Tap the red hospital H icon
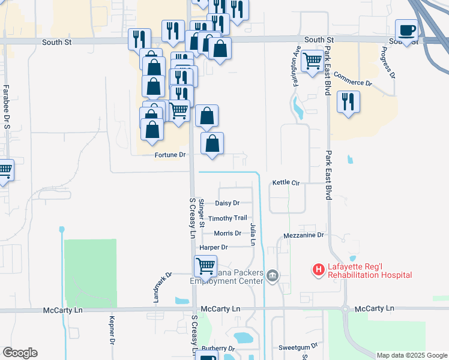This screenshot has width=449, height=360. (x=318, y=271)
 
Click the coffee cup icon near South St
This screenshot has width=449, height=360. (x=406, y=30)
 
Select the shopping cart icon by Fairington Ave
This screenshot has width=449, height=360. (x=312, y=61)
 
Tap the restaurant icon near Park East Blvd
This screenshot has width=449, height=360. (x=348, y=102)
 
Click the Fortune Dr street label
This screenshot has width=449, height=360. (x=170, y=155)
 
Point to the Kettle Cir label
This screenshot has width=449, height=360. (x=286, y=182)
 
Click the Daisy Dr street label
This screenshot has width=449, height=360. (x=227, y=203)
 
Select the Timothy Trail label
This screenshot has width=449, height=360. (x=228, y=218)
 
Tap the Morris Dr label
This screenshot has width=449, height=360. (x=228, y=233)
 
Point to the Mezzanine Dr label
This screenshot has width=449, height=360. (x=304, y=236)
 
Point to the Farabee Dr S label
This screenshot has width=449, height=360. (x=7, y=107)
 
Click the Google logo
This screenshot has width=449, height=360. (x=20, y=353)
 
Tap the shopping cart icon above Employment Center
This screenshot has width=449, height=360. (x=205, y=266)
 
